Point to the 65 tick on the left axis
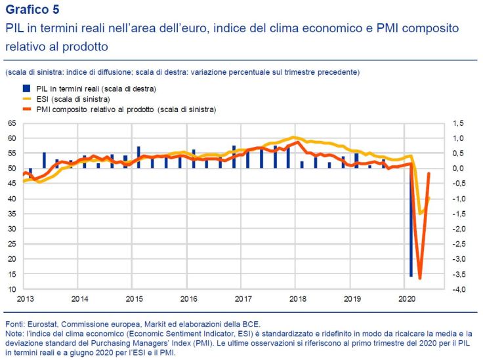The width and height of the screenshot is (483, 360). click(x=11, y=123)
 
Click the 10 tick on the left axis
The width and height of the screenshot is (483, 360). click(x=11, y=290)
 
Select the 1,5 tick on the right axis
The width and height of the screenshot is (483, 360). click(x=457, y=123)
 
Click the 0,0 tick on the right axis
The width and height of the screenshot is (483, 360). click(x=457, y=169)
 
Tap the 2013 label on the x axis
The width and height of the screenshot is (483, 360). click(x=25, y=299)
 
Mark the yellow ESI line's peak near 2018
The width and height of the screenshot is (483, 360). click(x=294, y=137)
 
